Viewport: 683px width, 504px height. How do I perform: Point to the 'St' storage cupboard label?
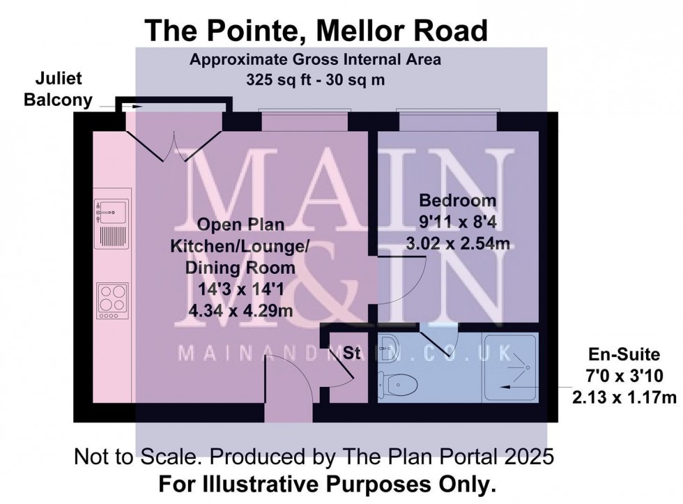[x=352, y=353]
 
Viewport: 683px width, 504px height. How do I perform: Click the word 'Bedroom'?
[x=457, y=201]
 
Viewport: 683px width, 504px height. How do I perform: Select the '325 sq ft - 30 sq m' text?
[x=315, y=79]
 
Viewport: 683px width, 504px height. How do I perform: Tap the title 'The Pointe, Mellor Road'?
[x=315, y=31]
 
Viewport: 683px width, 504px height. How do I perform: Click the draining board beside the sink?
[x=112, y=235]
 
